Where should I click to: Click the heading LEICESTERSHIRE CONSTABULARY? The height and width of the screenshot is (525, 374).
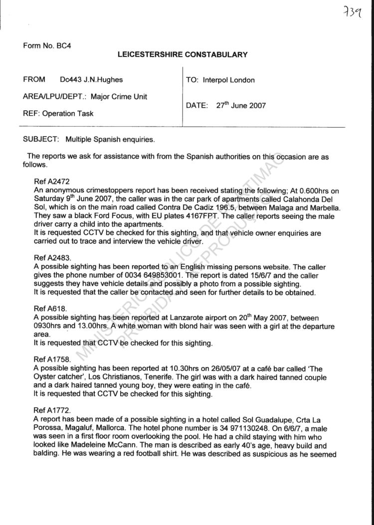[x=183, y=55]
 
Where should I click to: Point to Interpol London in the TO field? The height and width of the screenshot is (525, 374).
[x=229, y=80]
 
